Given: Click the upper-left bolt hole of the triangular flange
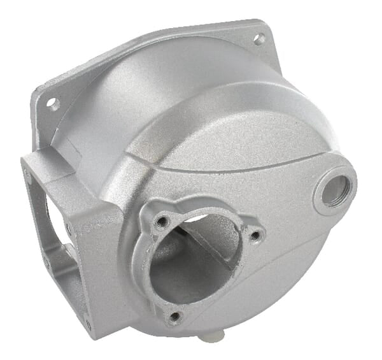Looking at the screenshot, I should click(162, 222).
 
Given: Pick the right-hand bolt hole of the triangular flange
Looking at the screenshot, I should click(255, 236).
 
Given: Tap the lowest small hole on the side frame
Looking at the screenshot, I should click(87, 325).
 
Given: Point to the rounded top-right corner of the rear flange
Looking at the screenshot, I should click(271, 29).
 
